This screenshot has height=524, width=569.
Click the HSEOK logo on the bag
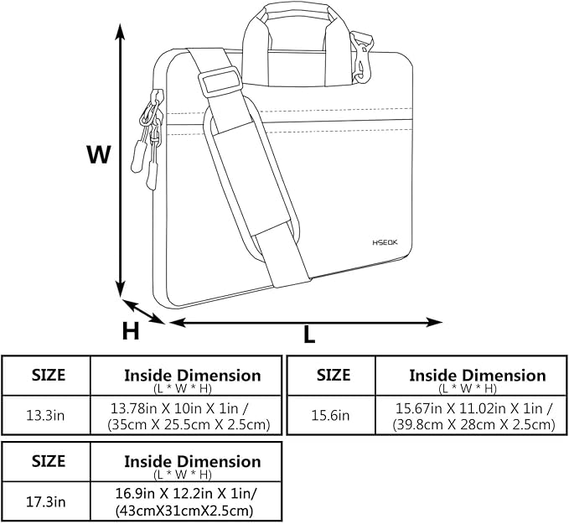pos(385,242)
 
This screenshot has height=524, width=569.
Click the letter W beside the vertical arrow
pos(98,154)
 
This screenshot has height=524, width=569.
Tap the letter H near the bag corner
pos(131,331)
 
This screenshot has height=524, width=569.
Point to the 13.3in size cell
pos(45,415)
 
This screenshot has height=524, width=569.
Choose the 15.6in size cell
pos(330,415)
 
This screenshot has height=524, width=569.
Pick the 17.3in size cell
pos(46,502)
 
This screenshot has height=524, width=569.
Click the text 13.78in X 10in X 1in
pos(179,408)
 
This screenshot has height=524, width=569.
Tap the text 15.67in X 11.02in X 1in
pos(474,408)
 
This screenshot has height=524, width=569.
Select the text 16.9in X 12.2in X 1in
pos(186,494)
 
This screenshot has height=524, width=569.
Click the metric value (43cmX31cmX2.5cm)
pos(184,511)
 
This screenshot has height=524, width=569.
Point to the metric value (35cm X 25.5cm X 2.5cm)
pos(189,424)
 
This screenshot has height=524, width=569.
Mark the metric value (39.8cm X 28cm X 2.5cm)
pos(474,424)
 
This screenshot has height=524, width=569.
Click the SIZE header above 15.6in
pos(334,375)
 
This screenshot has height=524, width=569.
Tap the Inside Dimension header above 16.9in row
pos(193,462)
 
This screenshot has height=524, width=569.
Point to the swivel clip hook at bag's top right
pos(361,57)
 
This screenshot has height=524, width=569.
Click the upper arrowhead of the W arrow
pos(120,33)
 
